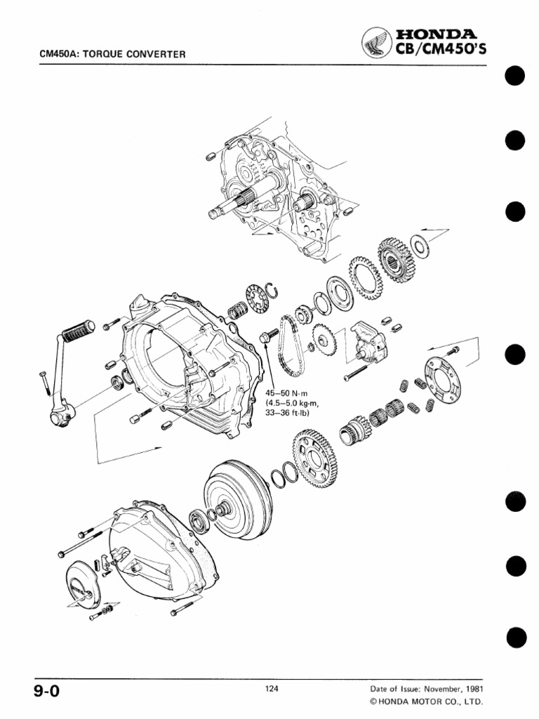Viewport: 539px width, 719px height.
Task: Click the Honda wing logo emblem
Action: click(375, 46)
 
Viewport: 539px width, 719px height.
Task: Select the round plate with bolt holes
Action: click(445, 381)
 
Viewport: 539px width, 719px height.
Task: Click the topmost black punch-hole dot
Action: click(515, 76)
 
